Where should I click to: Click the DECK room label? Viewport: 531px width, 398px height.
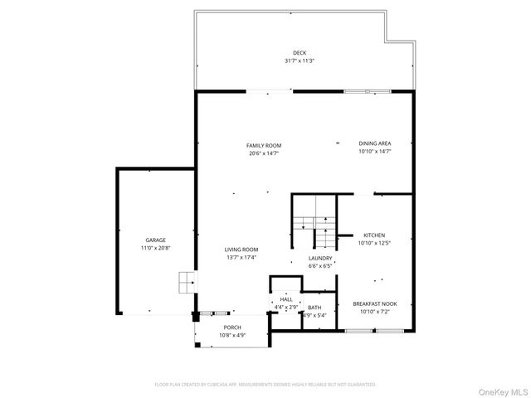point(299,52)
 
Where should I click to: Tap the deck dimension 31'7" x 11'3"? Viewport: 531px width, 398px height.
point(299,61)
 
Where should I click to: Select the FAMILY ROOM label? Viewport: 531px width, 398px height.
point(264,145)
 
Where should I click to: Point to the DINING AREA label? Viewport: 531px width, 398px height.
point(374,143)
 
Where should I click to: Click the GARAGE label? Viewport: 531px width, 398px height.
point(156,240)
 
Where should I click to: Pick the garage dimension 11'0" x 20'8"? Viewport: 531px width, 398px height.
point(156,248)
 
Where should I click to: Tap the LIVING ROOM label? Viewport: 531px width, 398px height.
point(241,250)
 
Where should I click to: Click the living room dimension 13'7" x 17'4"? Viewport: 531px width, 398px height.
point(241,258)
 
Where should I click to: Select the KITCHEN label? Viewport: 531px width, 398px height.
point(374,235)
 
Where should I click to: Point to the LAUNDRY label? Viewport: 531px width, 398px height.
point(320,258)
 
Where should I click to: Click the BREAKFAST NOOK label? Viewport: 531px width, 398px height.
point(374,303)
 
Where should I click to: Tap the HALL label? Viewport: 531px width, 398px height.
point(285,299)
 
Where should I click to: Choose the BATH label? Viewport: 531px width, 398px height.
point(314,308)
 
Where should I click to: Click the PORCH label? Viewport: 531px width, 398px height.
point(232,328)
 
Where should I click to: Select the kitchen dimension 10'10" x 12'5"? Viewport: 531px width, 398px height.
point(374,243)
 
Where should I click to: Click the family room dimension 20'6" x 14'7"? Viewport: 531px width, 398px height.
point(264,153)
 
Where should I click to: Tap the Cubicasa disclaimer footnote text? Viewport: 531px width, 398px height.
point(265,385)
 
